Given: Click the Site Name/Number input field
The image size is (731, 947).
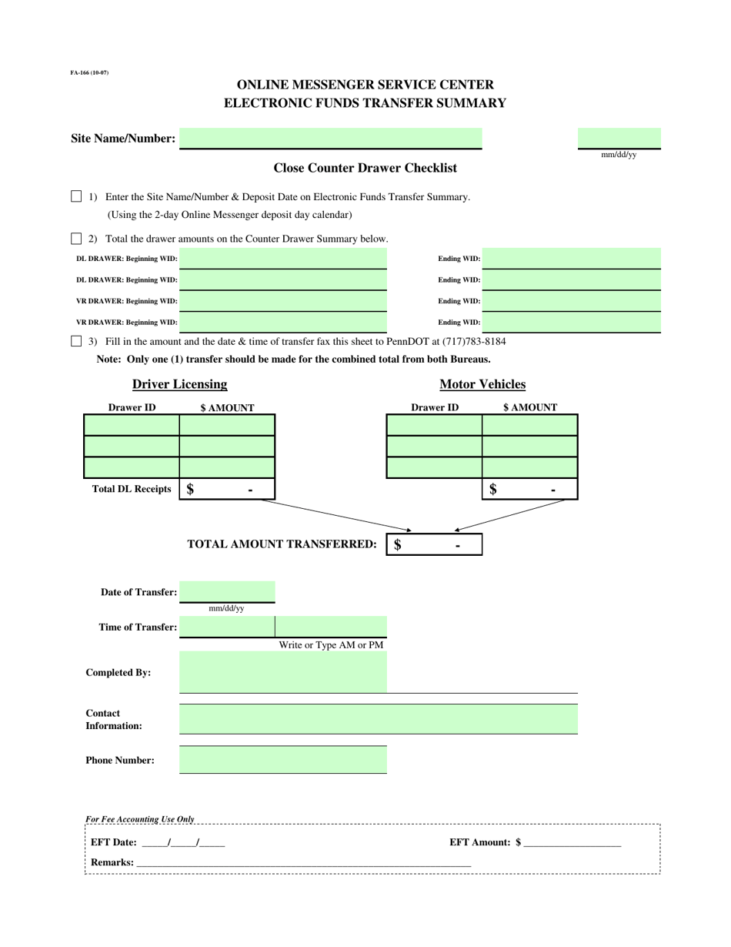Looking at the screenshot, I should tap(330, 139).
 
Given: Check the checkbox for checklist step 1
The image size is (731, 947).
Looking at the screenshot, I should tap(76, 196).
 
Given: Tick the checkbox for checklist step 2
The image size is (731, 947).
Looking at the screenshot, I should tap(76, 239).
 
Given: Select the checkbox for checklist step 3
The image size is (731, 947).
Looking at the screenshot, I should tap(76, 341).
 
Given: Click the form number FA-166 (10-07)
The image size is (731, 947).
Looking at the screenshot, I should tap(89, 72).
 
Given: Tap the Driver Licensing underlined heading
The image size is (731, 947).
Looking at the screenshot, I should tap(179, 384).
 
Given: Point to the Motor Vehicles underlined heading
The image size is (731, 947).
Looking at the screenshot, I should tap(482, 384).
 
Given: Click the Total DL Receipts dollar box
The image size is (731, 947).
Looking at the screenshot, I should tap(226, 489).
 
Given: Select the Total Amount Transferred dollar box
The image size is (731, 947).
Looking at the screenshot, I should tap(434, 545).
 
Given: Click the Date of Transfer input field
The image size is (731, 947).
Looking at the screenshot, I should tap(226, 591).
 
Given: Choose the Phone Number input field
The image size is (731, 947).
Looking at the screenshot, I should tap(282, 760).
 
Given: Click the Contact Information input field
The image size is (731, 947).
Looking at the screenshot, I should tap(378, 719).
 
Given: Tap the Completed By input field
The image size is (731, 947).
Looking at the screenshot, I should tap(282, 672).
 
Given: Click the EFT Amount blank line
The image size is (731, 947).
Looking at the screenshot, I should tap(572, 843).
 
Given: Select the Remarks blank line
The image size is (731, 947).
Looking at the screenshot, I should tap(302, 863).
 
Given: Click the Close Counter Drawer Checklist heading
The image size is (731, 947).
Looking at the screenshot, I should tap(365, 168).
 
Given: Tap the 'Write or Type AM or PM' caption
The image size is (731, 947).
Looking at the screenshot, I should tap(331, 645).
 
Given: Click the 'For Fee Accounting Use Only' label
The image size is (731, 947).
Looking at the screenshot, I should tap(140, 819).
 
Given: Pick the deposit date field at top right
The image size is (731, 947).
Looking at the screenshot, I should tap(619, 139).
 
